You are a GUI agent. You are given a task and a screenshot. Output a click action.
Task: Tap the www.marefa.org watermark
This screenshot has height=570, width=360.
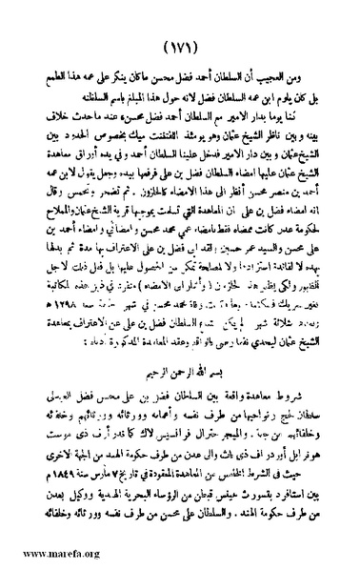tap(44, 554)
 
